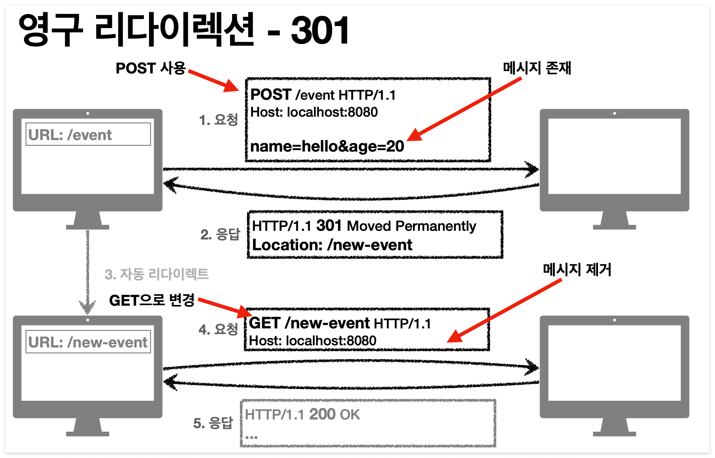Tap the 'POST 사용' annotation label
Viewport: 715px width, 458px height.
click(x=150, y=68)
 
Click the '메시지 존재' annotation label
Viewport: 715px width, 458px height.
click(x=537, y=68)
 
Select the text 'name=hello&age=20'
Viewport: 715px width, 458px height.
click(x=327, y=147)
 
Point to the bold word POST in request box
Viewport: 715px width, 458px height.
click(x=271, y=95)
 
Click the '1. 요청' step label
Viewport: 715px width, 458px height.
click(x=218, y=120)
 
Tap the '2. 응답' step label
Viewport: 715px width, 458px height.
click(x=220, y=234)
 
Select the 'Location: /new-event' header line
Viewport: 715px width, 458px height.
click(x=332, y=245)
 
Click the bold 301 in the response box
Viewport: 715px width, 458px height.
click(x=329, y=226)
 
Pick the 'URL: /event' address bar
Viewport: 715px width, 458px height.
click(x=88, y=135)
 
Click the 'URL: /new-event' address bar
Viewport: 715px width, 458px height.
click(x=88, y=342)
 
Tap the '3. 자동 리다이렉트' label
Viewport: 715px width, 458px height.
click(x=156, y=274)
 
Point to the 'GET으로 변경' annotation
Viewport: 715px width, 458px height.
click(x=152, y=300)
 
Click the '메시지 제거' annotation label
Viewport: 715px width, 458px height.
click(x=577, y=270)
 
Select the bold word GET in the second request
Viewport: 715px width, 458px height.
click(x=265, y=323)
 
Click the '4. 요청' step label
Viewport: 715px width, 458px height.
click(x=218, y=329)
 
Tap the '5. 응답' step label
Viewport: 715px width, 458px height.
click(x=213, y=423)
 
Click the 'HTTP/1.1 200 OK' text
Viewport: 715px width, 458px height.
click(x=302, y=414)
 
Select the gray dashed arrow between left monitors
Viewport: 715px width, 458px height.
click(x=87, y=270)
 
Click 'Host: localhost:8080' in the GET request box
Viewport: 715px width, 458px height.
click(x=312, y=341)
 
